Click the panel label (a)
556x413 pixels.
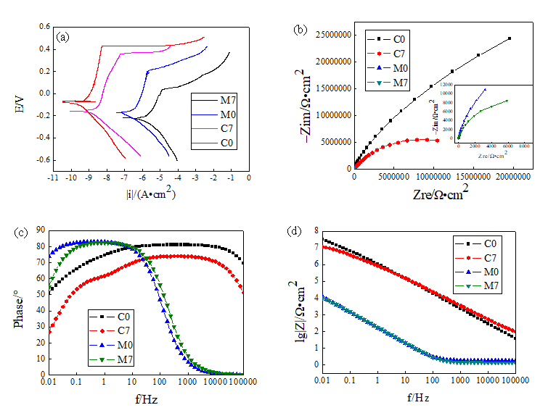(x=64, y=36)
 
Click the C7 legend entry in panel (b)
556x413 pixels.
(x=398, y=52)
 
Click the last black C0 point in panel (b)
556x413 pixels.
(x=510, y=38)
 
